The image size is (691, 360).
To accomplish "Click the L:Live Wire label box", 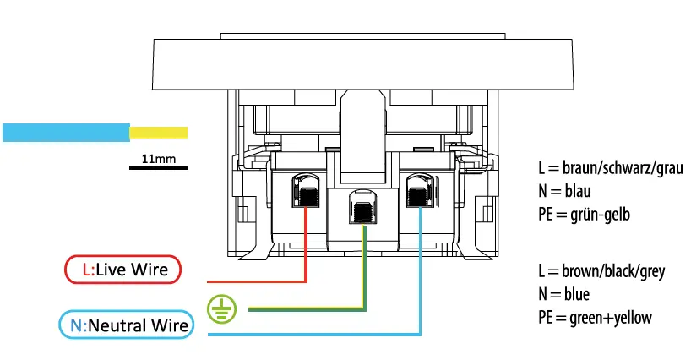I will click(x=122, y=270).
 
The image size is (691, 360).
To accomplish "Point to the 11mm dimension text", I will click(x=158, y=158).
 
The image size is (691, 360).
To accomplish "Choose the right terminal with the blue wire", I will click(x=419, y=192).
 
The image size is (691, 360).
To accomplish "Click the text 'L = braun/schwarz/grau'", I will click(x=609, y=167).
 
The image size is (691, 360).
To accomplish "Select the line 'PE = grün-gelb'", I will click(x=584, y=215).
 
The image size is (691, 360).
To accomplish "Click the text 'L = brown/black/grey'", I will click(x=601, y=271).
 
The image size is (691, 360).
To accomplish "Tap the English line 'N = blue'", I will click(x=563, y=294).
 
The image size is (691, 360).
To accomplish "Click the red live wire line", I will click(x=253, y=280).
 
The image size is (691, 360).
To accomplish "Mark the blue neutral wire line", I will click(x=321, y=335).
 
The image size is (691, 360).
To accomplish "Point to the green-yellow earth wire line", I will click(x=304, y=308).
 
